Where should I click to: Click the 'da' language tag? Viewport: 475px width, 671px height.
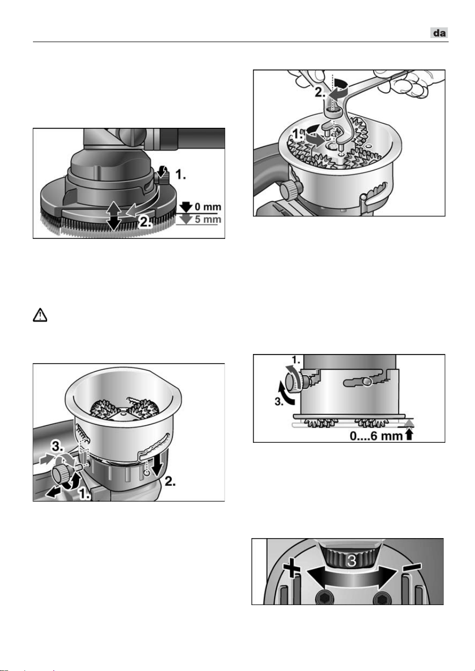[x=440, y=32]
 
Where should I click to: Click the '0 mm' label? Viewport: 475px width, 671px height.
[x=208, y=207]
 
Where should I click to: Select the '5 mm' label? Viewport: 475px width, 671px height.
[x=208, y=219]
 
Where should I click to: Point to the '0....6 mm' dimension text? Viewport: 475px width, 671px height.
[x=376, y=436]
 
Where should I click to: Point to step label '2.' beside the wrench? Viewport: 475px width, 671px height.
[x=320, y=93]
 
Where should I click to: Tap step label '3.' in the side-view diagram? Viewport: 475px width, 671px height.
[x=278, y=402]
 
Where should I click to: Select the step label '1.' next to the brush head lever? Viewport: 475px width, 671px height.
[x=180, y=174]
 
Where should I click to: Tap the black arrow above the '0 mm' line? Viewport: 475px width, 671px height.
[x=186, y=207]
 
